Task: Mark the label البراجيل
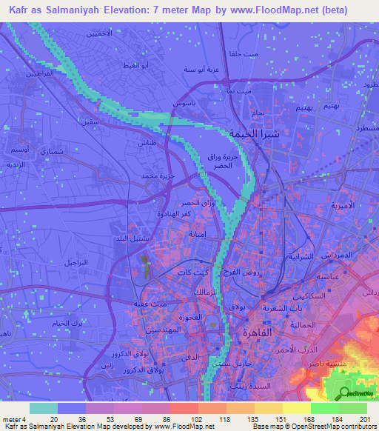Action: pos(75,264)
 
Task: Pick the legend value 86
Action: pos(157,419)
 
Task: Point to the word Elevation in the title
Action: pos(147,9)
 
